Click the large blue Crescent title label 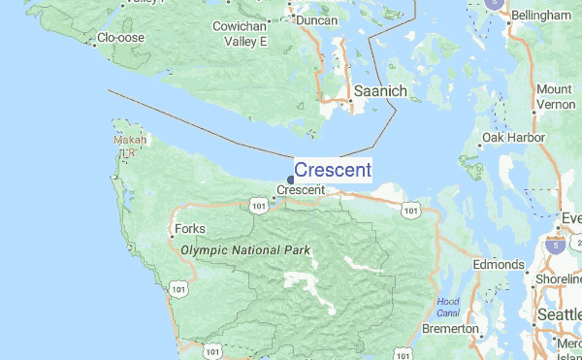point(332,171)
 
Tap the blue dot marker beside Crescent point(291,180)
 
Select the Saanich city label point(386,90)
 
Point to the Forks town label point(188,230)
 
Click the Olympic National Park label point(245,250)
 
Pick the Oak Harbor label point(520,138)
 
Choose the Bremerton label point(450,329)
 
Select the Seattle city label point(560,316)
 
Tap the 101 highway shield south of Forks point(178,288)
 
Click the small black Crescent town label point(302,190)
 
